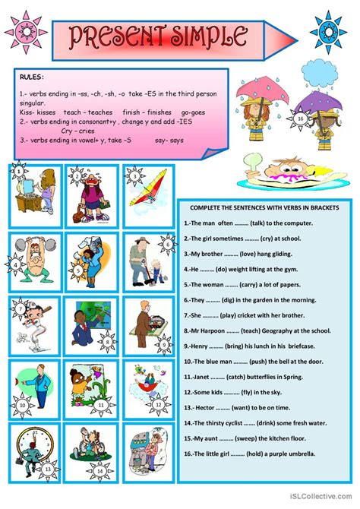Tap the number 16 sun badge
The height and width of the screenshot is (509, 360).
coord(301,119)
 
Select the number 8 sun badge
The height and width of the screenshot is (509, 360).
coord(107,342)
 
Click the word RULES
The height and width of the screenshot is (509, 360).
coord(33,77)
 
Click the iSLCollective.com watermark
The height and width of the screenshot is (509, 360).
coord(321,500)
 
